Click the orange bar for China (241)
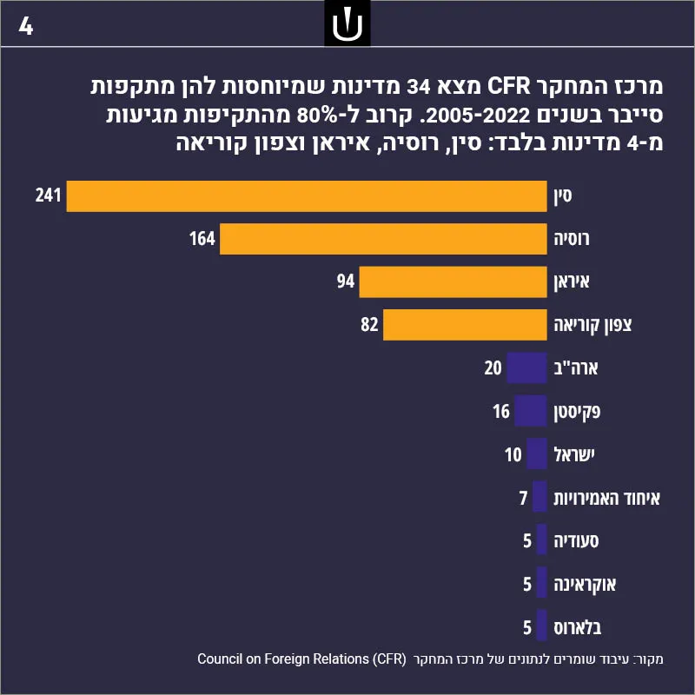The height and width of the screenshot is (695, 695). (307, 196)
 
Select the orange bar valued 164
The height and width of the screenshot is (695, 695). (383, 239)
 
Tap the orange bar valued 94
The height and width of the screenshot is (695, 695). (453, 281)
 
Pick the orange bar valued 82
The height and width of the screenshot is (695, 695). (465, 325)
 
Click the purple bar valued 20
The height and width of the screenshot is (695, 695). (527, 367)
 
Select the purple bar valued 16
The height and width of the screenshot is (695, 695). (531, 411)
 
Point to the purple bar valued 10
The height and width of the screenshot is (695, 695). (537, 453)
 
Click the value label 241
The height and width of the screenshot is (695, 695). (48, 195)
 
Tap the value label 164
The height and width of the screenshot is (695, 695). (202, 238)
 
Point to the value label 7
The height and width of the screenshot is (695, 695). (524, 498)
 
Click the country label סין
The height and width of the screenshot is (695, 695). (563, 196)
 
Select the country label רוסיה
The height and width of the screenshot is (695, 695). (572, 240)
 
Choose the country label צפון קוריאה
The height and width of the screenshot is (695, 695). (592, 325)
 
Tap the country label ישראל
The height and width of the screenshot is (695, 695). (574, 454)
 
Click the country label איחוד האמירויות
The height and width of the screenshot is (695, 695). (606, 498)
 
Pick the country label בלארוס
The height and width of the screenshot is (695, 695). (578, 627)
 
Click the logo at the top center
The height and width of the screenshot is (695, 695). (347, 23)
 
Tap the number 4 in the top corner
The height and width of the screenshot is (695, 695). (26, 27)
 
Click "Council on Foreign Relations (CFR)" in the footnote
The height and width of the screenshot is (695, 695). (301, 659)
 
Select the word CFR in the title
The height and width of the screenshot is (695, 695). (509, 86)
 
